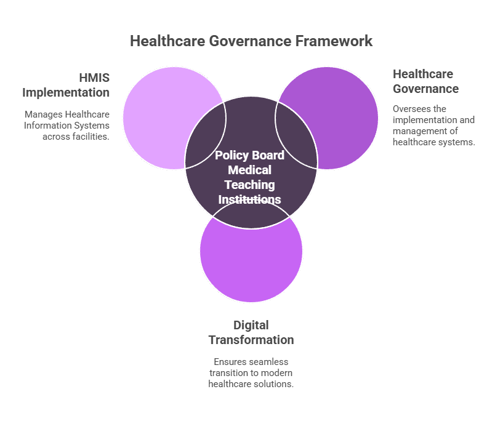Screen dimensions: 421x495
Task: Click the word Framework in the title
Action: click(x=333, y=41)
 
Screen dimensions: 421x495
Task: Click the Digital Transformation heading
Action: click(x=251, y=332)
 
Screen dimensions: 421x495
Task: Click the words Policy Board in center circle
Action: click(x=249, y=156)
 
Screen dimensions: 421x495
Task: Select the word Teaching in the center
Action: click(x=249, y=185)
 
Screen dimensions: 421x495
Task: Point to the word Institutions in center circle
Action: click(x=250, y=199)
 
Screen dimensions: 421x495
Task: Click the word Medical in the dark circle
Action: click(x=249, y=170)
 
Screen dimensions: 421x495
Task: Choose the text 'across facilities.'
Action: click(x=76, y=137)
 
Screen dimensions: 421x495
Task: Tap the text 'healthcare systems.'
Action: click(x=434, y=142)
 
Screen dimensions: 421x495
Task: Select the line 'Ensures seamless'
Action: click(x=251, y=362)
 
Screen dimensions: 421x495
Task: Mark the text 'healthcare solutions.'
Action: click(x=251, y=384)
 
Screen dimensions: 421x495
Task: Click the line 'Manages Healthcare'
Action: click(x=67, y=114)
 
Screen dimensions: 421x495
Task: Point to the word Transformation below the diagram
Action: click(x=251, y=340)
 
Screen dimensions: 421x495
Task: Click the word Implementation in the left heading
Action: click(x=66, y=92)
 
